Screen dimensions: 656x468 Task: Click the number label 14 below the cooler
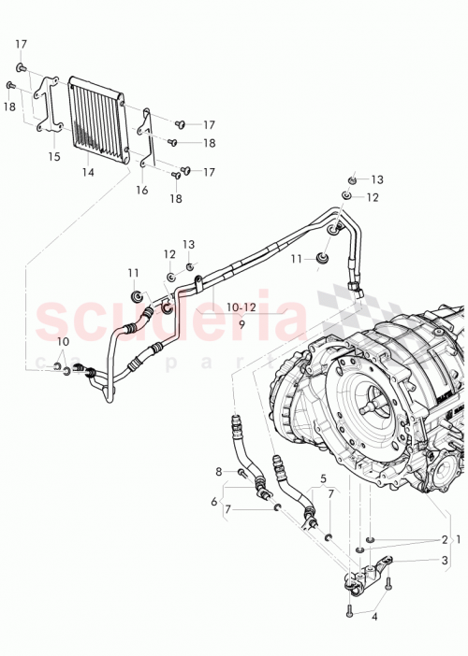pos(88,172)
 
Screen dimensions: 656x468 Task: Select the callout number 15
pos(53,157)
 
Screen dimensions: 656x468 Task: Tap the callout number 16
pos(142,190)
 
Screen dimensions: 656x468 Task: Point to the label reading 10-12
pos(241,307)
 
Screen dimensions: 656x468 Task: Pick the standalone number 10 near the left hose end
pos(63,341)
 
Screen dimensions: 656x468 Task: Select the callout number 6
pos(214,502)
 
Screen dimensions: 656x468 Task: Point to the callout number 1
pos(458,540)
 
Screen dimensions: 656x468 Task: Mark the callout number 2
pos(445,540)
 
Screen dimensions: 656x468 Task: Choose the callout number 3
pos(446,561)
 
